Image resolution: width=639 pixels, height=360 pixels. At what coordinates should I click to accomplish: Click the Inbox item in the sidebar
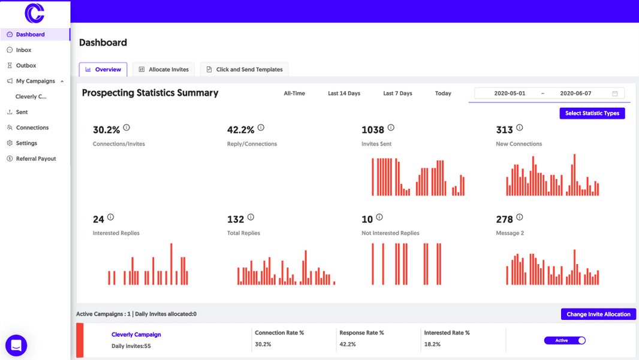(23, 50)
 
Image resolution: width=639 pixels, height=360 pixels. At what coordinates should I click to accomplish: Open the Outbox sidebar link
(26, 65)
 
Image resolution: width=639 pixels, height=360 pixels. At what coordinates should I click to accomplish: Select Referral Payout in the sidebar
(35, 159)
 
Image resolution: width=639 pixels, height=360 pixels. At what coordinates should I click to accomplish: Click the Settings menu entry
(26, 143)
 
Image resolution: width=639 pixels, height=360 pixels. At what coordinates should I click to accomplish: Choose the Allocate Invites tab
(164, 69)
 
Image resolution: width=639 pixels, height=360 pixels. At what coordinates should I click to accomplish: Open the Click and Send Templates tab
(245, 69)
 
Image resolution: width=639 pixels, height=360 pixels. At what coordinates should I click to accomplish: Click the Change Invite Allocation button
(598, 314)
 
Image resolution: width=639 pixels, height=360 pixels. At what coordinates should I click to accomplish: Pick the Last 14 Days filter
(344, 93)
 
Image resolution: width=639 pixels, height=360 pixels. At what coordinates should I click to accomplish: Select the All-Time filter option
(294, 93)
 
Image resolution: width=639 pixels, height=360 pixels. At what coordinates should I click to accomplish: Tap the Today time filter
(443, 93)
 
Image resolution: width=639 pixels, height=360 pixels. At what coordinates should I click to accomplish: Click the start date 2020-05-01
(510, 93)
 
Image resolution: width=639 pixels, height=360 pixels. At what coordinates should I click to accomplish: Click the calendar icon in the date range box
(615, 93)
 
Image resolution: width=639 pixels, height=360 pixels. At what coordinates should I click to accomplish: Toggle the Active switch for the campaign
(565, 340)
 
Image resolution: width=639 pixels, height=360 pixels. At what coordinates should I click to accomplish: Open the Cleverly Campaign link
(136, 334)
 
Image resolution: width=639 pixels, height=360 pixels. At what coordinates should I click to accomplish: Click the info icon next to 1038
(391, 128)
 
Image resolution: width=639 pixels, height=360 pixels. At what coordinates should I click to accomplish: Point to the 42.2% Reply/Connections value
(240, 129)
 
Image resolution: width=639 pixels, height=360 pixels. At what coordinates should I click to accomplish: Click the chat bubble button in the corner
(16, 346)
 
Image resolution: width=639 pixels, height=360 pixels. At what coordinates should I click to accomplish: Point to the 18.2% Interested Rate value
(432, 344)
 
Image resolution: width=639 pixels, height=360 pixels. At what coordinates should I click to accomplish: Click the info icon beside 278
(519, 217)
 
